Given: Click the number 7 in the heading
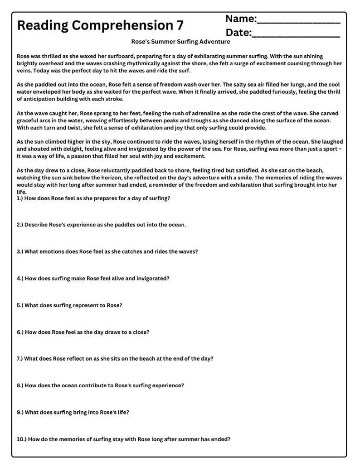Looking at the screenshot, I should point(180,25).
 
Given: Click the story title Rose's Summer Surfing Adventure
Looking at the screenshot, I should point(180,42).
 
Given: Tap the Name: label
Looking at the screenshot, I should point(241,19).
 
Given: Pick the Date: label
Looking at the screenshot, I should point(238,33).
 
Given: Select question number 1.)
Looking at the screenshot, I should point(20,198).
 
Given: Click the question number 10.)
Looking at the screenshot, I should point(21,439).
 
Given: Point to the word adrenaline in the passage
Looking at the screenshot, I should point(183,113).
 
